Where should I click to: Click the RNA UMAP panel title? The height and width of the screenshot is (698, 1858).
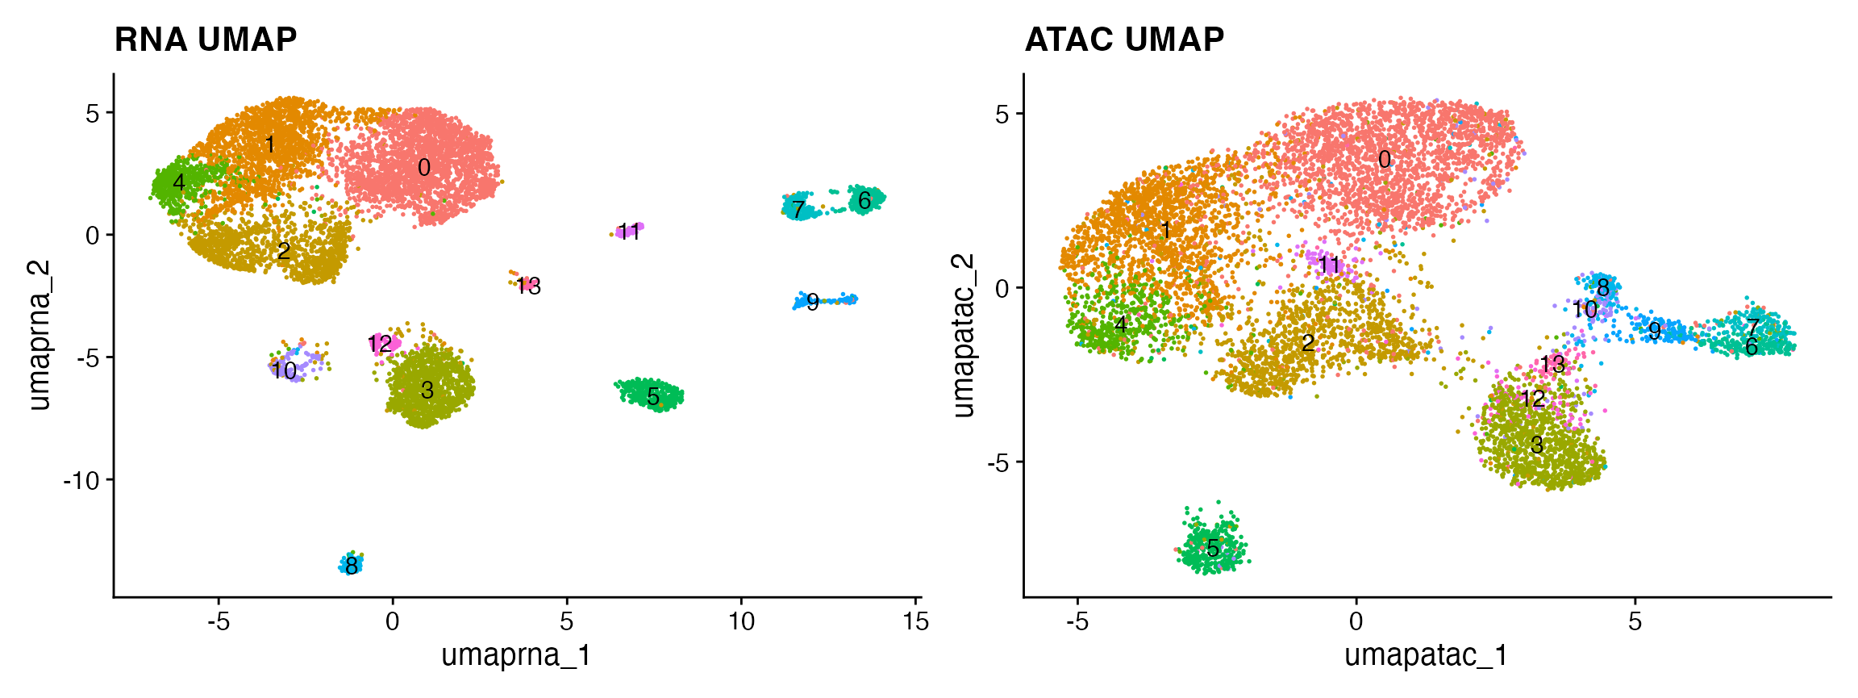(206, 40)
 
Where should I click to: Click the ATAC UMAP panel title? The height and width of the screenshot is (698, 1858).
(1124, 40)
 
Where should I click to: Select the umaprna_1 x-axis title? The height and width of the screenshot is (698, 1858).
(516, 654)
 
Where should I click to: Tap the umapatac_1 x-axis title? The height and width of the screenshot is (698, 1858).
(1426, 654)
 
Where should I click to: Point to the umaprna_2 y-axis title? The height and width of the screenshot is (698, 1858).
(39, 335)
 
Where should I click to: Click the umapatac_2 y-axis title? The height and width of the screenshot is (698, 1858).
(963, 335)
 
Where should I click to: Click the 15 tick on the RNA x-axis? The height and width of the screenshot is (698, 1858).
(916, 621)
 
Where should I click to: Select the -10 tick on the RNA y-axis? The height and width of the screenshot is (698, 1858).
(81, 480)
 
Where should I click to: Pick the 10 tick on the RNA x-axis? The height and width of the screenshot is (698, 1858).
(741, 621)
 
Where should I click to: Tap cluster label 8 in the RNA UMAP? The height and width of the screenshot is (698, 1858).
(351, 567)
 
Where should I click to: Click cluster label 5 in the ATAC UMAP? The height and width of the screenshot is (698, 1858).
(1213, 550)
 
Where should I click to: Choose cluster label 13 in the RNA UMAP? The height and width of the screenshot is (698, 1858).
(529, 286)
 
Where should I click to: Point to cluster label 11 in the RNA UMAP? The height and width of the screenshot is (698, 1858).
(628, 232)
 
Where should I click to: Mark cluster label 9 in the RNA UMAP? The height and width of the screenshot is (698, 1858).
(813, 303)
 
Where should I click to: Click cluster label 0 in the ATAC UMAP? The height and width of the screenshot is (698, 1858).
(1385, 160)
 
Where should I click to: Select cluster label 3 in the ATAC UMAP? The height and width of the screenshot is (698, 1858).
(1537, 445)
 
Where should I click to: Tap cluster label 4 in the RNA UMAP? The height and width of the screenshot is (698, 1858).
(179, 182)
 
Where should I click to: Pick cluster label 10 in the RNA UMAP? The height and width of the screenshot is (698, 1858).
(284, 370)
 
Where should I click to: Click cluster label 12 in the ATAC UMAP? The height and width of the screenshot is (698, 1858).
(1532, 399)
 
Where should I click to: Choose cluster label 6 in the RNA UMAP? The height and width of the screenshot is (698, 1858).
(864, 200)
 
